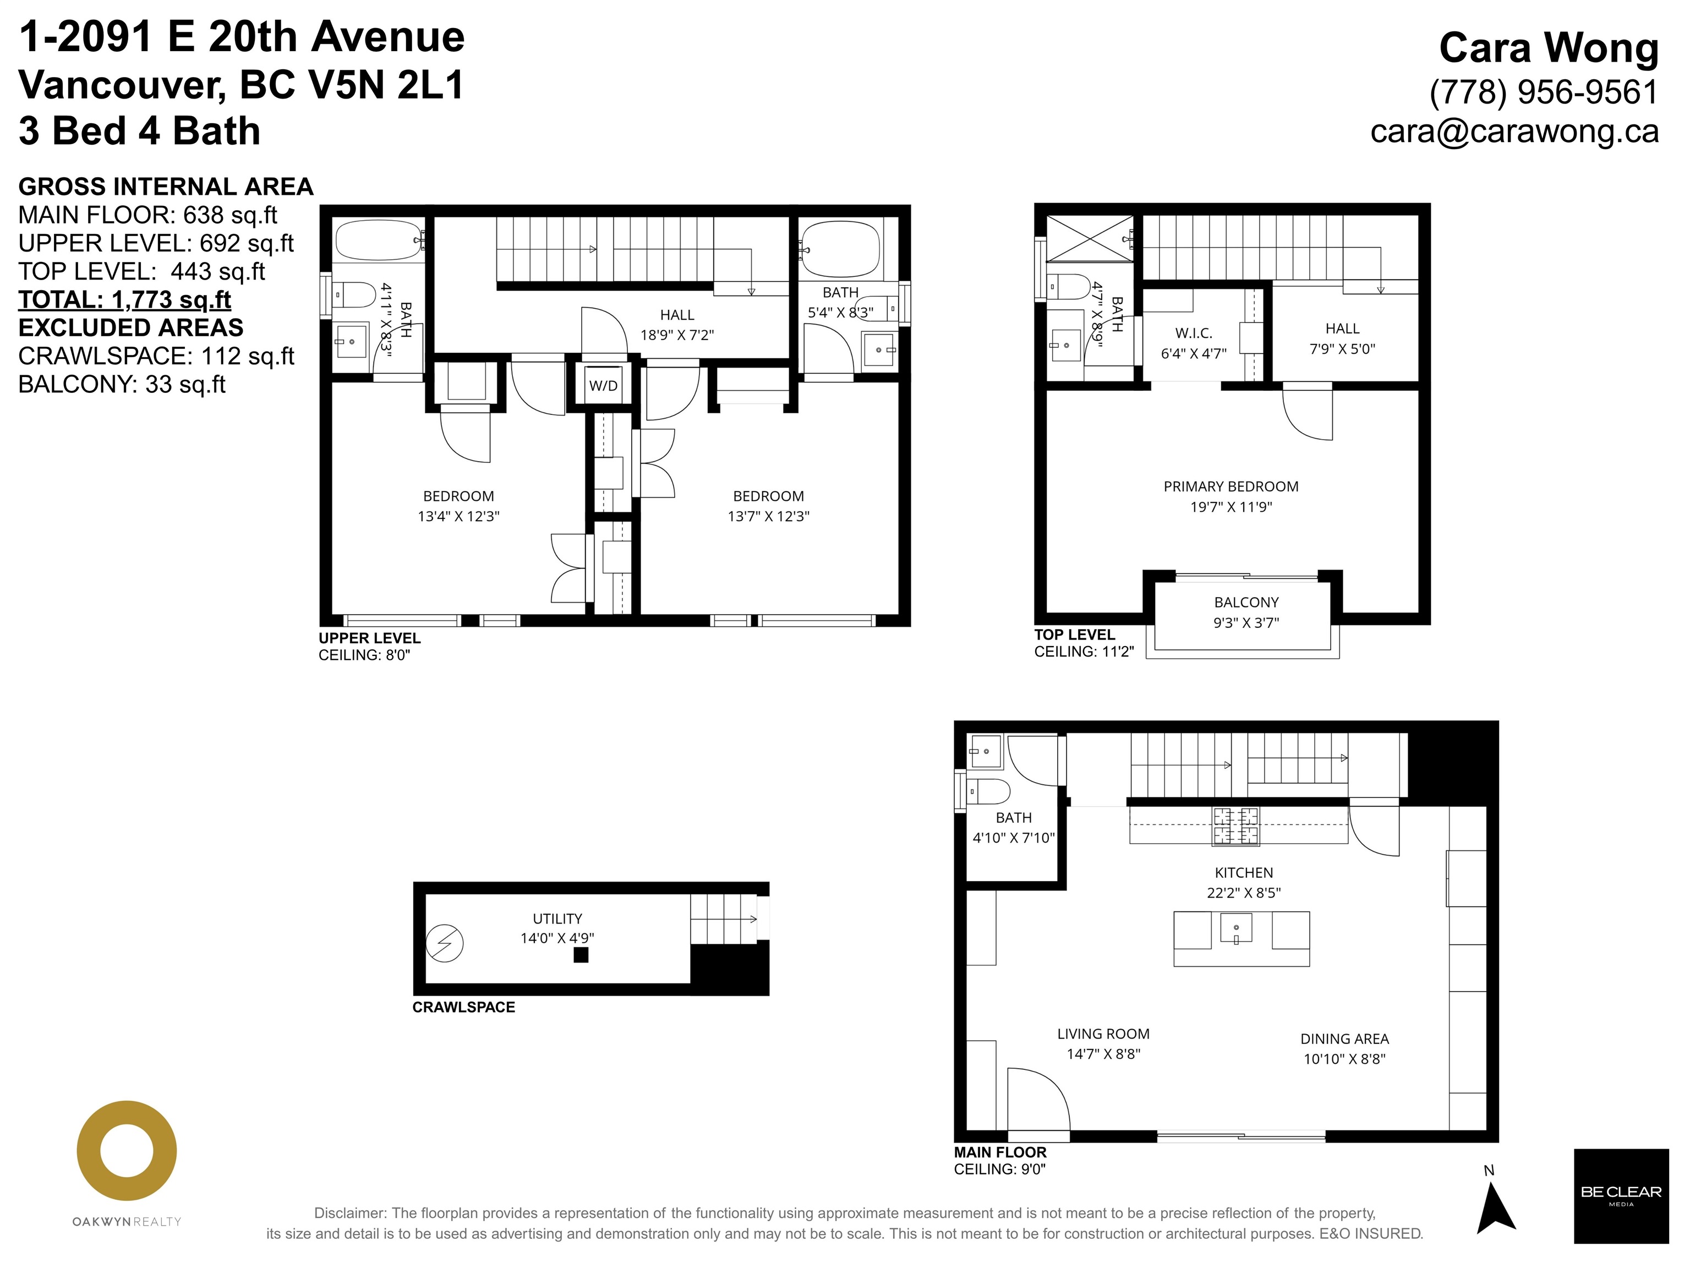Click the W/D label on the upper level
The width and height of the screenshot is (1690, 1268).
(x=603, y=386)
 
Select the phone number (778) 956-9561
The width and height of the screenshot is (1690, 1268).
(x=1544, y=92)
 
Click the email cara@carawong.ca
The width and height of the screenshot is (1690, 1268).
(x=1514, y=130)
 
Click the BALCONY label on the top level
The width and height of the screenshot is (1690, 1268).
(x=1246, y=602)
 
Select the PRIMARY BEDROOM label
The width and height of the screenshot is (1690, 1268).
(x=1231, y=487)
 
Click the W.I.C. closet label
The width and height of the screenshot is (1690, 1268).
(x=1194, y=333)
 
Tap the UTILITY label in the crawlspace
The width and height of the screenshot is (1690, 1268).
(x=557, y=919)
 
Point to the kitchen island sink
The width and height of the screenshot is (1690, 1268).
(x=1236, y=928)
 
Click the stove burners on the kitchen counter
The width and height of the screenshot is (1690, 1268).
(x=1236, y=827)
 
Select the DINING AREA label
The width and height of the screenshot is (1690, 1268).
(x=1344, y=1039)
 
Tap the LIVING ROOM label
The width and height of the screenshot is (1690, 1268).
(x=1103, y=1034)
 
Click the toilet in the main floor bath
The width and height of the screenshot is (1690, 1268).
(x=991, y=791)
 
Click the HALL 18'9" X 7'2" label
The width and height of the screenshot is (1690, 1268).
(x=677, y=325)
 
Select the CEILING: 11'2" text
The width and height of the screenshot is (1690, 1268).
(x=1084, y=652)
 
